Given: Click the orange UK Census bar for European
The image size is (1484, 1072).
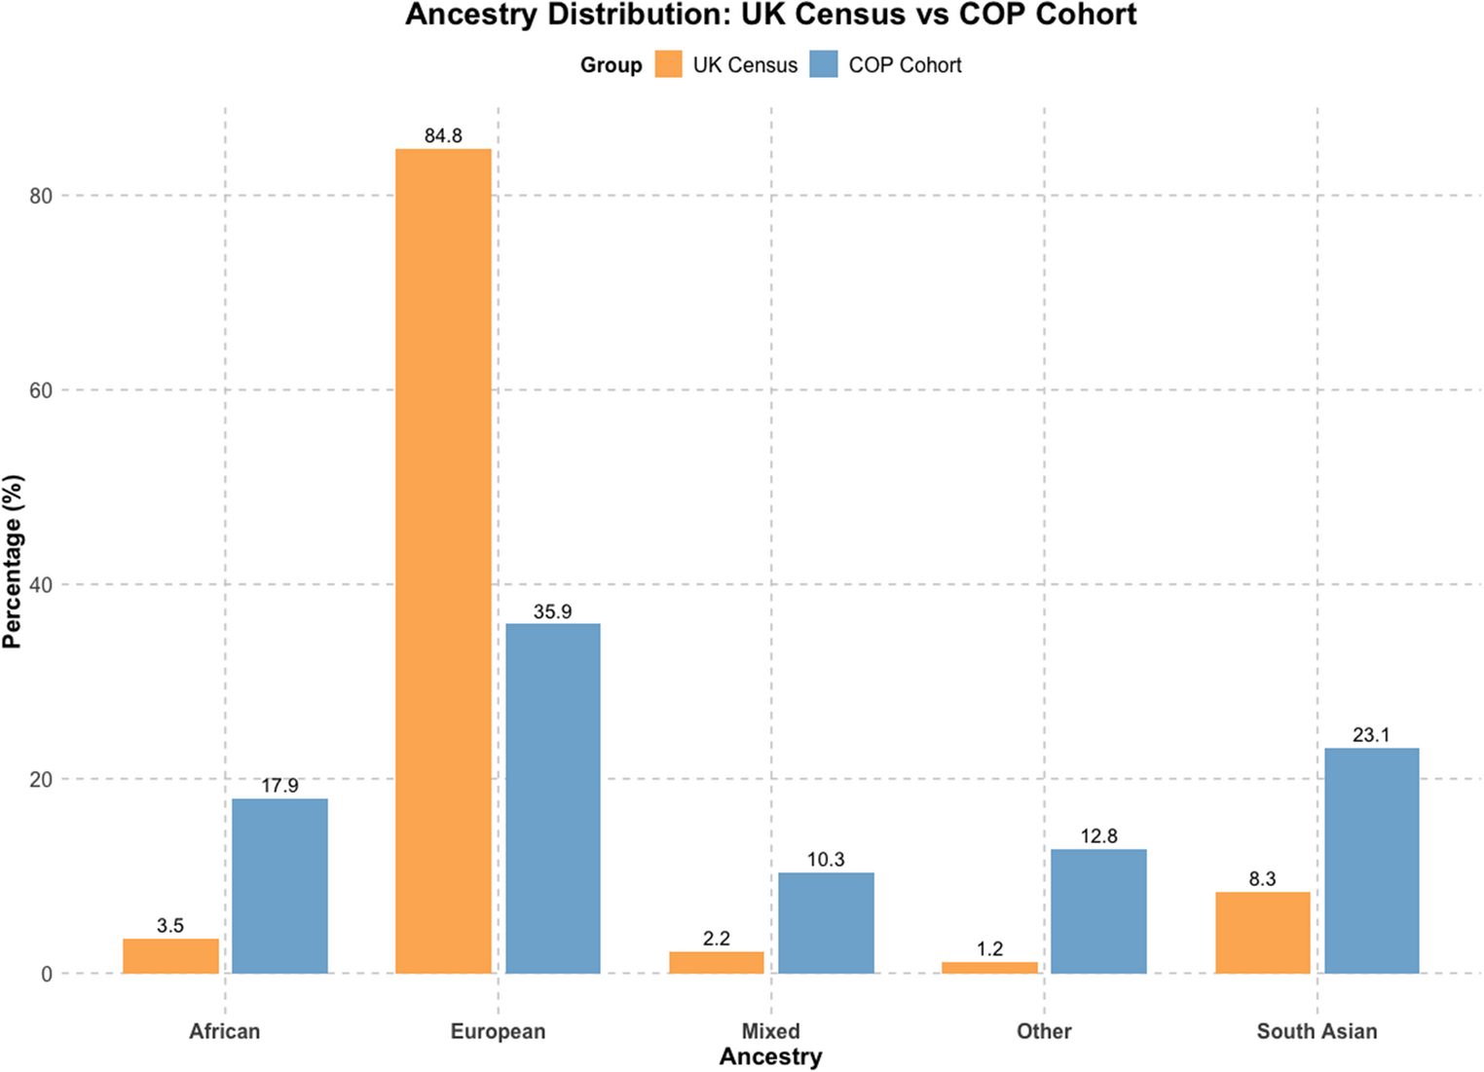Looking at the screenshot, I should click(x=443, y=560).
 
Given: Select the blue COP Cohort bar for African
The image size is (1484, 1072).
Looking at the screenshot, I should click(x=279, y=885).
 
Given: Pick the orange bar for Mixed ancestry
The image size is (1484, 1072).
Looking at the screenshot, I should click(x=716, y=962).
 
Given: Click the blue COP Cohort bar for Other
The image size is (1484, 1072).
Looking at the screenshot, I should click(x=1098, y=910).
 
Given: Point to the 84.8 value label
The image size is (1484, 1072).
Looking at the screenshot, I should click(x=443, y=136).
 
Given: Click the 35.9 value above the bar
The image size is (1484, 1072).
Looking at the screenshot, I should click(x=552, y=611).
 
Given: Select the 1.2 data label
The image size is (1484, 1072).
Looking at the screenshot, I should click(x=989, y=948).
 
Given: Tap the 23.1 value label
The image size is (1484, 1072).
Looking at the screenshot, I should click(x=1371, y=735).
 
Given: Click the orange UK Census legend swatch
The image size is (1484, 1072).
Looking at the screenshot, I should click(x=668, y=65).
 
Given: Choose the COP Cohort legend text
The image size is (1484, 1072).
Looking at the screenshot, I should click(x=905, y=65).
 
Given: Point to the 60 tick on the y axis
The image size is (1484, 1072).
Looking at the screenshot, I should click(x=40, y=390).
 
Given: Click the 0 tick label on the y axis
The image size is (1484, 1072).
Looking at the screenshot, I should click(x=47, y=974).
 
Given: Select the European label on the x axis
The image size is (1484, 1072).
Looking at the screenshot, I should click(x=498, y=1031).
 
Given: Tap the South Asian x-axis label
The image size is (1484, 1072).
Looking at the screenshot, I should click(x=1317, y=1031).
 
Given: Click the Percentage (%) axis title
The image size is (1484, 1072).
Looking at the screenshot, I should click(x=13, y=562).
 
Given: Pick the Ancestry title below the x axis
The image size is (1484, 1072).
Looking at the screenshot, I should click(x=770, y=1056).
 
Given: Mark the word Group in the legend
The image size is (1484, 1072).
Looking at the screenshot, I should click(x=611, y=65).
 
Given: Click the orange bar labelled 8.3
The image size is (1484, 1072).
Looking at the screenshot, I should click(x=1262, y=932).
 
